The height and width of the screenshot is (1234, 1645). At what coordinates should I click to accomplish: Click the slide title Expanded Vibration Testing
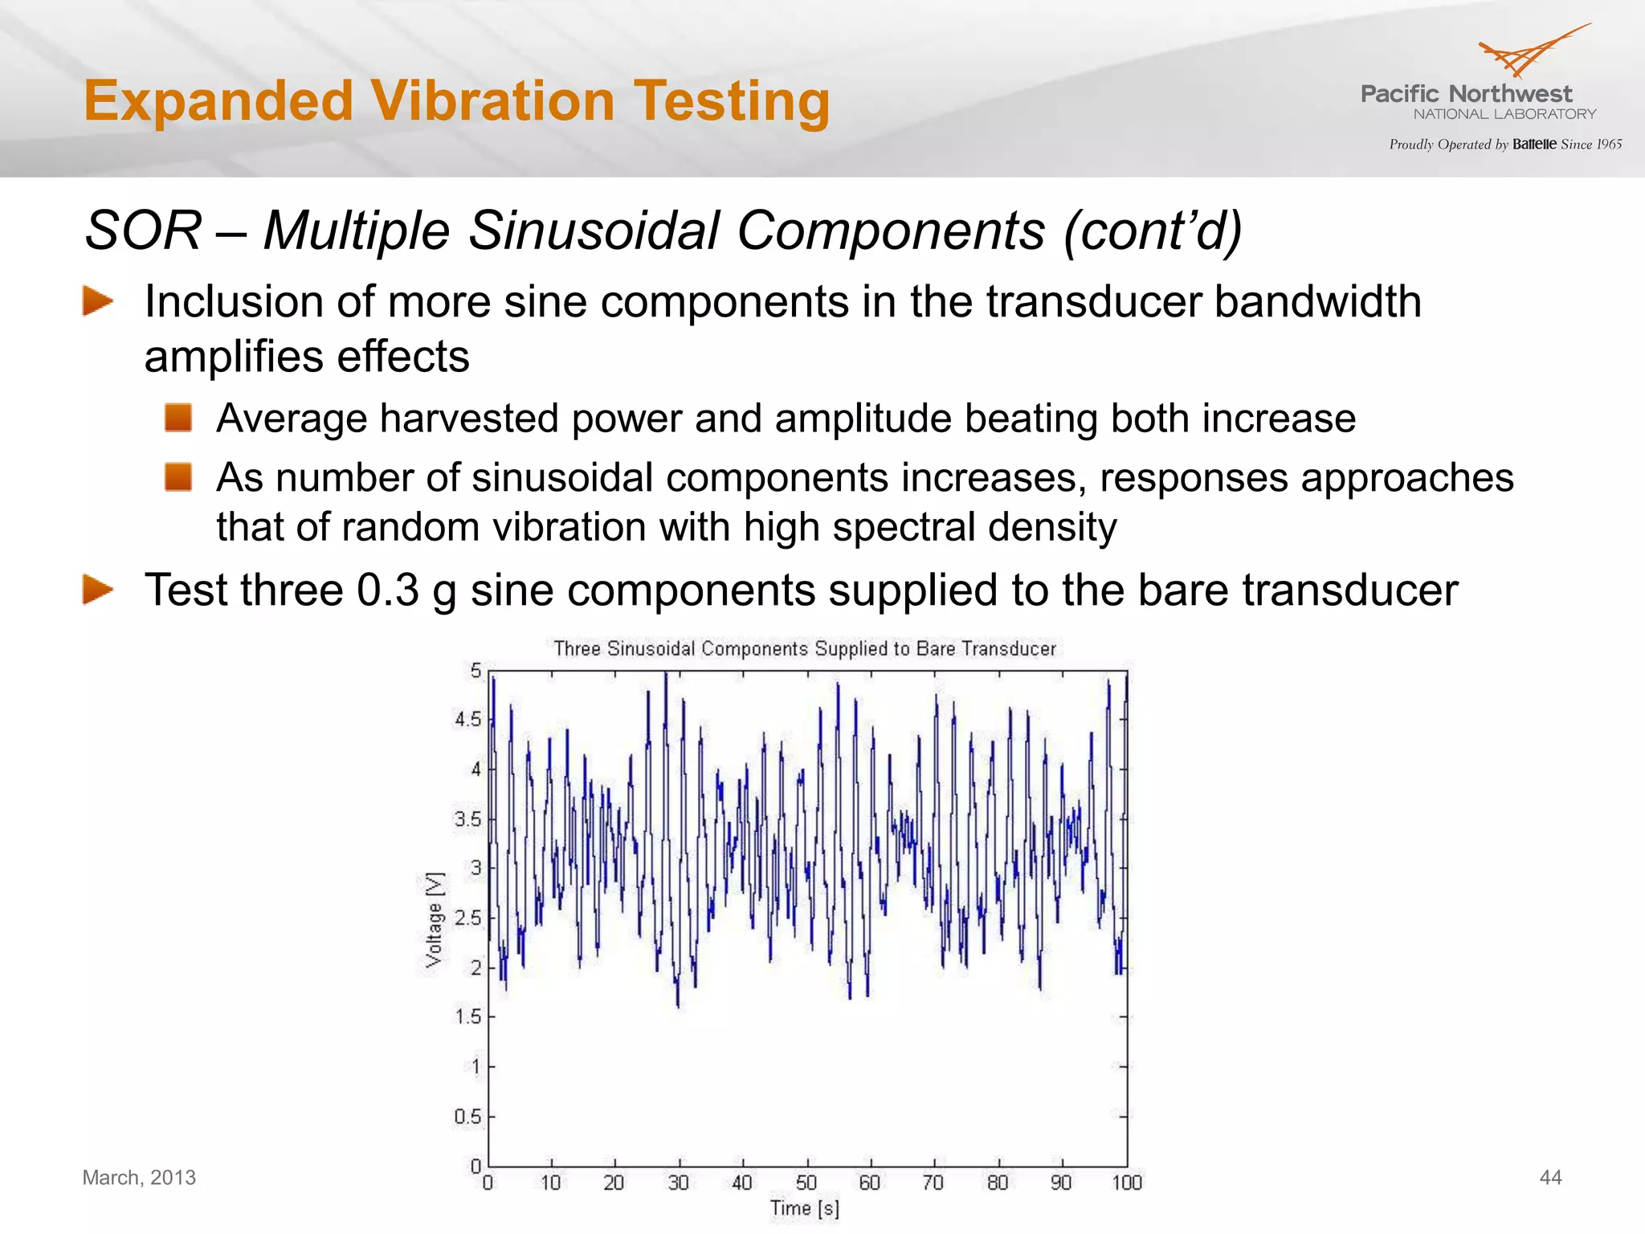[x=456, y=101]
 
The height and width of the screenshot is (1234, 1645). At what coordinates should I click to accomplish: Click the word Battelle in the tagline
[x=1534, y=145]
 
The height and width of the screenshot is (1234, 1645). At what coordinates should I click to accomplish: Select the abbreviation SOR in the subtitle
[x=143, y=231]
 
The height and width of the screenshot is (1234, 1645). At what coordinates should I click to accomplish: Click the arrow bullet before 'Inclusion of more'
[x=97, y=302]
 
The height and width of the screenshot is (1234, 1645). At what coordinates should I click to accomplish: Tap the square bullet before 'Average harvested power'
[x=178, y=418]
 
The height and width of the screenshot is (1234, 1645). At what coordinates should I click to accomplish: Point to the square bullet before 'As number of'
[x=178, y=477]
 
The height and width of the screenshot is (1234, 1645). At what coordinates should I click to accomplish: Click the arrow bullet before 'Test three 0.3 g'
[x=97, y=590]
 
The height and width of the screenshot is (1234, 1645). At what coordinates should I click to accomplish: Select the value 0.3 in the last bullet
[x=388, y=590]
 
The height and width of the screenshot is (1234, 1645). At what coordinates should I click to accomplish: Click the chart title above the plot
[x=805, y=648]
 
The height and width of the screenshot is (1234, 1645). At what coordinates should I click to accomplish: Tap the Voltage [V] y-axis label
[x=434, y=919]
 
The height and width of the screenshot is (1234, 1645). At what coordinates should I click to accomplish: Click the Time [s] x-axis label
[x=805, y=1208]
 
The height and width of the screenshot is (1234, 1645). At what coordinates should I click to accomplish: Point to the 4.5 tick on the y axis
[x=468, y=720]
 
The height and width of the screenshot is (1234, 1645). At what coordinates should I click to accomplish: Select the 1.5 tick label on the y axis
[x=468, y=1017]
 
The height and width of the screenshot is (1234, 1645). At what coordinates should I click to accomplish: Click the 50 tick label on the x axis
[x=806, y=1183]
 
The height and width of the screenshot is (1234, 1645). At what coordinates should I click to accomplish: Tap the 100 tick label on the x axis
[x=1126, y=1183]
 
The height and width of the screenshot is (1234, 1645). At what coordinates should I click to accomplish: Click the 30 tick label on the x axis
[x=678, y=1183]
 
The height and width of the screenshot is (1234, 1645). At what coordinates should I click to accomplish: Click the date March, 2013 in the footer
[x=139, y=1178]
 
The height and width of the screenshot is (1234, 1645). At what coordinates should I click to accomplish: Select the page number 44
[x=1550, y=1178]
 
